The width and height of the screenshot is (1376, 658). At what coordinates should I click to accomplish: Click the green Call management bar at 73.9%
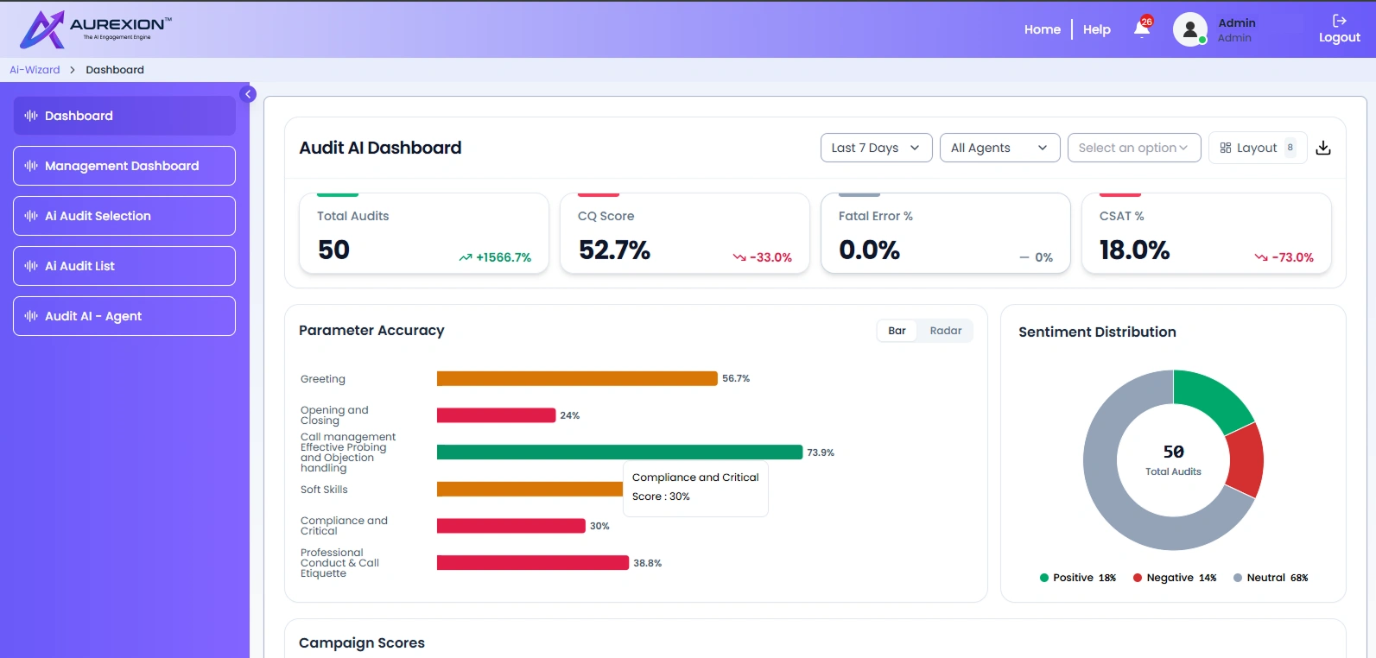tap(619, 452)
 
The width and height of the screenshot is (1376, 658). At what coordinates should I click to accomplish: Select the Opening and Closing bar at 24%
tap(496, 415)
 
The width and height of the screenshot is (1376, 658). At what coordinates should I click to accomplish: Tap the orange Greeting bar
tap(577, 378)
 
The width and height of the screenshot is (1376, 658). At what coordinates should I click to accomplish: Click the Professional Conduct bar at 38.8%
tap(533, 563)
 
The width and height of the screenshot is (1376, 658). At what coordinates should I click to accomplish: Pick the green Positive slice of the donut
tap(1209, 398)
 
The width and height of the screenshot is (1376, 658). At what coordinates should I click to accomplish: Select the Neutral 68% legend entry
tap(1271, 578)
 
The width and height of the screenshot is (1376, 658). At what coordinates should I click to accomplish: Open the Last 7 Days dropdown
tap(876, 148)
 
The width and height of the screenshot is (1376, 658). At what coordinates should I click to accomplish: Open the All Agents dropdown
tap(999, 148)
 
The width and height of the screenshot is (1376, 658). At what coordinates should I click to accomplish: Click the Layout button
tap(1258, 148)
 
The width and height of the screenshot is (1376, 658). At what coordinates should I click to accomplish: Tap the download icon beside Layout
tap(1323, 148)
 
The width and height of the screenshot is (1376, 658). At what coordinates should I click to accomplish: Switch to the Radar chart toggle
tap(945, 331)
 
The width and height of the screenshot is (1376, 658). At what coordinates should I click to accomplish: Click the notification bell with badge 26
tap(1142, 28)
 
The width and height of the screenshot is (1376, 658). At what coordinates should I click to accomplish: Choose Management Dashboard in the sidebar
tap(124, 166)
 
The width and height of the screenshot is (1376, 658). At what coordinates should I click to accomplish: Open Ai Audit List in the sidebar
tap(124, 266)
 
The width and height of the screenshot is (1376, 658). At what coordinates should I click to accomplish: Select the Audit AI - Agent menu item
tap(124, 316)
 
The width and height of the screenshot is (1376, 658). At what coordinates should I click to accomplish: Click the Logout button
tap(1339, 29)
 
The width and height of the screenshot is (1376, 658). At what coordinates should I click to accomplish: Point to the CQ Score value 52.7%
tap(614, 250)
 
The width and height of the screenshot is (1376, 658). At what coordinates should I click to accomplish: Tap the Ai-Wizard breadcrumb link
tap(35, 70)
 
